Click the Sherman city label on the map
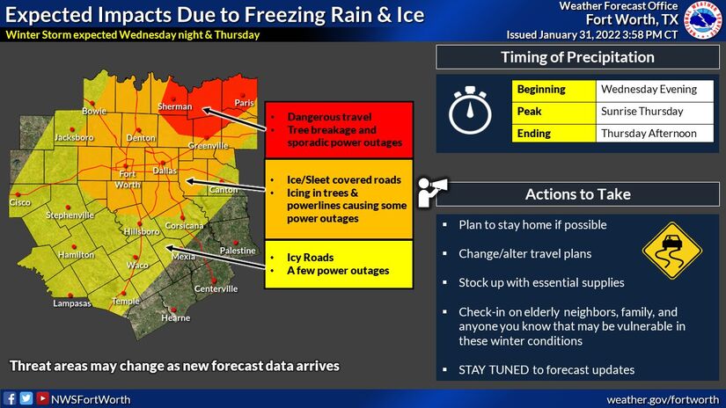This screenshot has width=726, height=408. tap(174, 106)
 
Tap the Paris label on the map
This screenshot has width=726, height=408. tap(244, 103)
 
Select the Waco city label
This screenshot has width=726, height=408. tap(137, 265)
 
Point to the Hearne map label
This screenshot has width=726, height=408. tap(175, 317)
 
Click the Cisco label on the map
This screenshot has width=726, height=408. tap(20, 202)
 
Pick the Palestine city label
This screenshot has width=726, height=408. tap(238, 251)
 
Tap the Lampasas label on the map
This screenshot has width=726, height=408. tap(72, 303)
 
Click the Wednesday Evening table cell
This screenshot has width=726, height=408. tap(654, 91)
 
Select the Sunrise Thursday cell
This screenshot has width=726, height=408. tap(654, 113)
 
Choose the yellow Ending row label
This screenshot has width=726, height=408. tap(554, 134)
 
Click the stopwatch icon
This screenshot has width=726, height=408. tap(470, 110)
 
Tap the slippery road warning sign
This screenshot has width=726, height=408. tap(671, 251)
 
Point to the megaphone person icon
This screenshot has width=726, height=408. tap(431, 192)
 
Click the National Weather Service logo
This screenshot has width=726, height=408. tap(703, 20)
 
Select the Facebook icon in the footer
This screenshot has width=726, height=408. tap(10, 398)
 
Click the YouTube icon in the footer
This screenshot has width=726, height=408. tap(42, 398)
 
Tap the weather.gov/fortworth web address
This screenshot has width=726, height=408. tap(663, 400)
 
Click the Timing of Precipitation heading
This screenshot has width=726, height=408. tap(577, 57)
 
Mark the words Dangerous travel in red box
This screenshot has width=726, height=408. tap(329, 117)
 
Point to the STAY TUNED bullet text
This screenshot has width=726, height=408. tap(546, 370)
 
